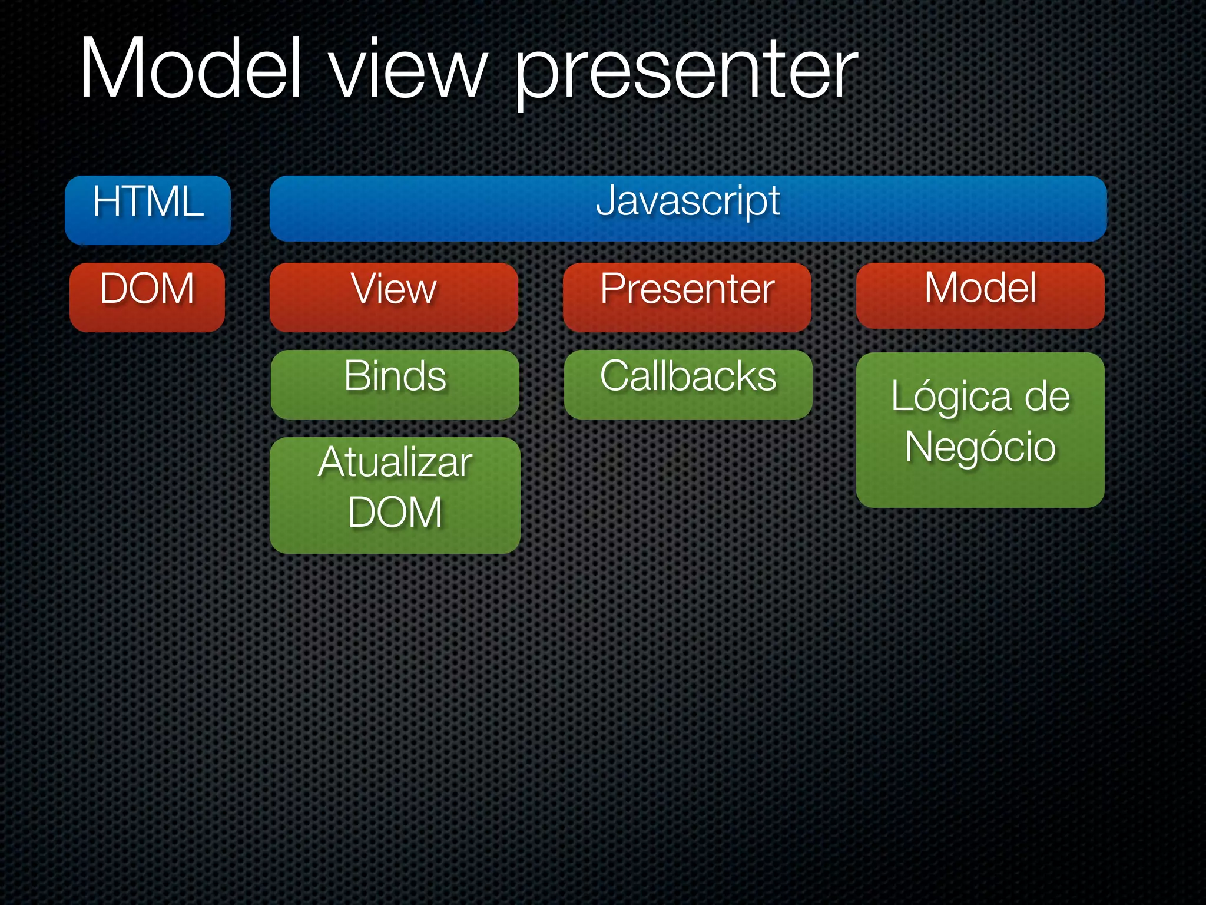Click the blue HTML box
click(x=148, y=210)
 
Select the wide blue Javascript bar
click(x=688, y=209)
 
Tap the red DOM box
click(x=147, y=297)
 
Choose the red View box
click(x=394, y=297)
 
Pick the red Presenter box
click(x=687, y=297)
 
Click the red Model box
click(x=980, y=295)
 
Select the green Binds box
click(x=395, y=384)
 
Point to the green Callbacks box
click(x=688, y=384)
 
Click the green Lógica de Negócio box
click(x=980, y=430)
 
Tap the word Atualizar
click(x=395, y=463)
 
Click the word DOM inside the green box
click(x=395, y=512)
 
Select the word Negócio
click(x=980, y=447)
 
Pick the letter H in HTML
click(x=107, y=202)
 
